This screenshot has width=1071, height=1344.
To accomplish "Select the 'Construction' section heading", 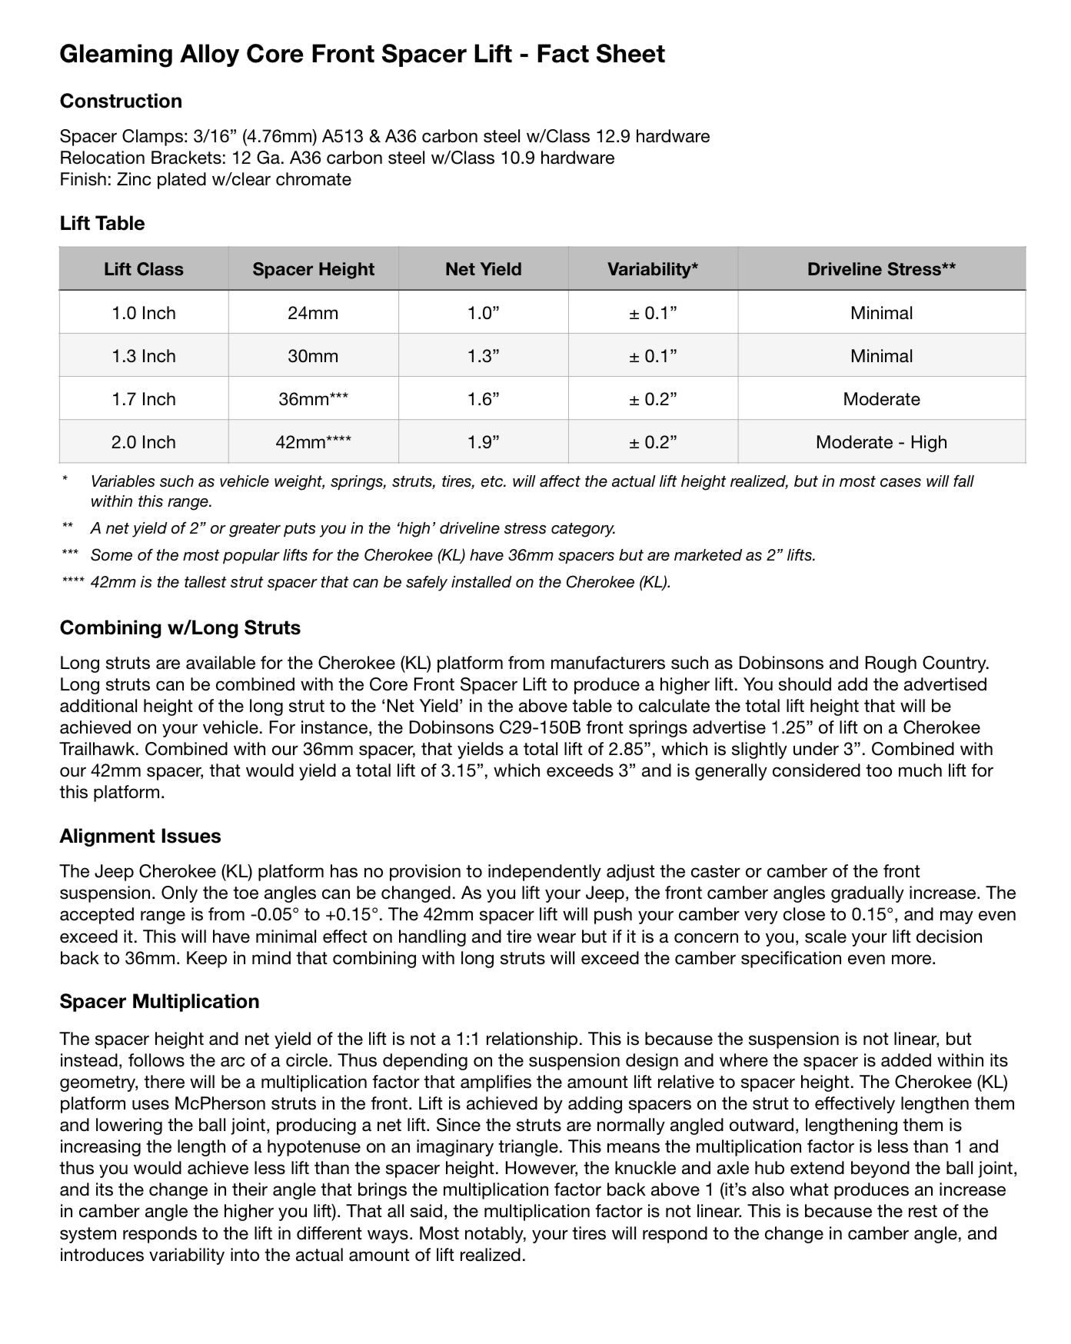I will coord(121,101).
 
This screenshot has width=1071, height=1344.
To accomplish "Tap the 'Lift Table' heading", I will coord(102,223).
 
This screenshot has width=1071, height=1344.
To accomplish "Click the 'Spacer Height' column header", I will coord(313,269).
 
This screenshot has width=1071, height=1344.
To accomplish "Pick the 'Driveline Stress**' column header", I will coord(881,269).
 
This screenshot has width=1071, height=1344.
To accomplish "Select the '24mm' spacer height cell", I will coord(313,313).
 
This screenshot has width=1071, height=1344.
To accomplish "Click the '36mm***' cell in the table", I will coord(313,399).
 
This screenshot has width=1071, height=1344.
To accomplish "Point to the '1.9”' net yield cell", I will coord(484,442).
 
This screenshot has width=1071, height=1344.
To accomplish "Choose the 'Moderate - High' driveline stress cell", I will coord(881,442).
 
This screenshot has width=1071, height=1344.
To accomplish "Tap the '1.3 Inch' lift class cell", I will coord(144,356).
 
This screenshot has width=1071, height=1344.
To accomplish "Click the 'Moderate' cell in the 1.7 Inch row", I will coord(881,399).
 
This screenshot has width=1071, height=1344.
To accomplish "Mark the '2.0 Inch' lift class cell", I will coord(144,442).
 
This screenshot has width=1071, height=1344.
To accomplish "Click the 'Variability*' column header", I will coord(653,269).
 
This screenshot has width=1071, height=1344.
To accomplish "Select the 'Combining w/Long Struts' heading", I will coord(180,627).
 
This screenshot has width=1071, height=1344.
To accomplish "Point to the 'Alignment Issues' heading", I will coord(140,836).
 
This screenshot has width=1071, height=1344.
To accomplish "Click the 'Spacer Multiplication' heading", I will coord(159,1001).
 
